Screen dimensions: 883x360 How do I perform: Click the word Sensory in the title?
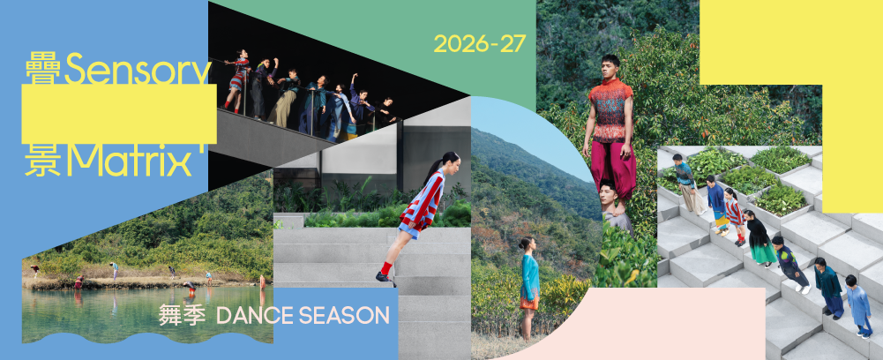pyautogui.click(x=138, y=71)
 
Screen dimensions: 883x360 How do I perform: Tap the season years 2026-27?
pyautogui.click(x=480, y=44)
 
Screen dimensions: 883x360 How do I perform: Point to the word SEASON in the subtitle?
pyautogui.click(x=343, y=316)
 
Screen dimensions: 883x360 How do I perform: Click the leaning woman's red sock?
pyautogui.click(x=385, y=267)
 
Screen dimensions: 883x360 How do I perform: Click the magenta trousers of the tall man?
pyautogui.click(x=610, y=166)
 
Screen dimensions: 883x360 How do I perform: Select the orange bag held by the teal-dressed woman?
pyautogui.click(x=528, y=304)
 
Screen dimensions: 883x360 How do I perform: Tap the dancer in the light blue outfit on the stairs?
pyautogui.click(x=859, y=307)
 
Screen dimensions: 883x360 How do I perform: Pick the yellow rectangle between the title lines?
pyautogui.click(x=119, y=115)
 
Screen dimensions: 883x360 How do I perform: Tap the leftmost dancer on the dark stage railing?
pyautogui.click(x=237, y=79)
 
